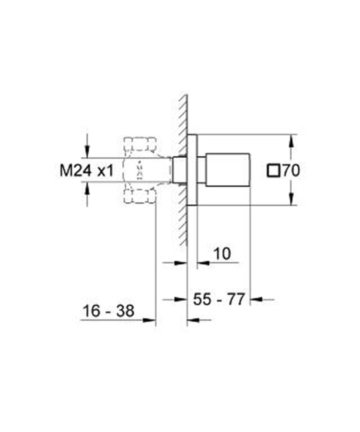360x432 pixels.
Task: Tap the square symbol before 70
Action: point(273,171)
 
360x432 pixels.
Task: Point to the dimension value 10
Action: point(222,254)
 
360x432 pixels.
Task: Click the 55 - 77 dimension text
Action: point(219,299)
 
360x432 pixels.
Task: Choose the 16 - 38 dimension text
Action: point(108,311)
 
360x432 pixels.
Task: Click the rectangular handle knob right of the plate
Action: point(227,170)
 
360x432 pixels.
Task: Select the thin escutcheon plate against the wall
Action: point(192,170)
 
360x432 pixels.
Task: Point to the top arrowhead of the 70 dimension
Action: point(290,141)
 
